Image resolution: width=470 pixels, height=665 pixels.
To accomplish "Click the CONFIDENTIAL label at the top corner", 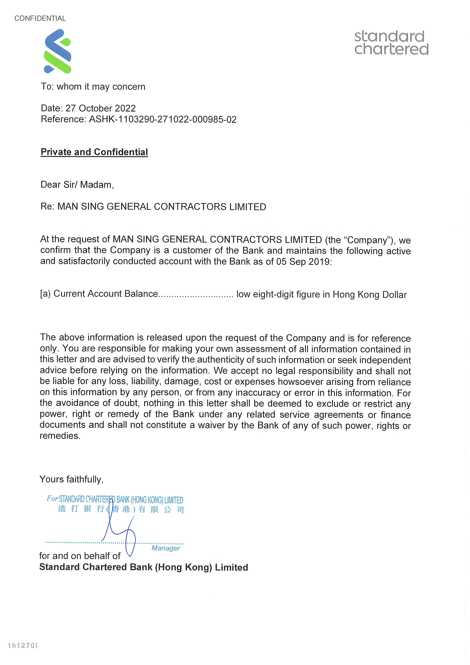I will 40,19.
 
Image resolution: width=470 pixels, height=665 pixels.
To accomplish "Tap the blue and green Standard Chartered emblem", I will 57,51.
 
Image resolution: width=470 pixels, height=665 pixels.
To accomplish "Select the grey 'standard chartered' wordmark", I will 391,43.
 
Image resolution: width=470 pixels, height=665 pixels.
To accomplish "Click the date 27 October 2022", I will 100,108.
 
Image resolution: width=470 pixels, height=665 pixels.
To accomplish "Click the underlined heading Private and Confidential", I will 94,152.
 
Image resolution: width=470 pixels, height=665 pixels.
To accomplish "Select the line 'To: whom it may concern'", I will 93,87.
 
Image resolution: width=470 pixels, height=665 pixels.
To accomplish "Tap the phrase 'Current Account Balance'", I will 106,294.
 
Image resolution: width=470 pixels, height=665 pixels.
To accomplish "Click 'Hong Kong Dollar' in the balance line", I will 370,295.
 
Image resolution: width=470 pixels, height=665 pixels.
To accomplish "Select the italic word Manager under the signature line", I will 166,548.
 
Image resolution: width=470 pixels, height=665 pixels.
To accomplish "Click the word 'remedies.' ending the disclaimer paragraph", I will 60,436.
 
